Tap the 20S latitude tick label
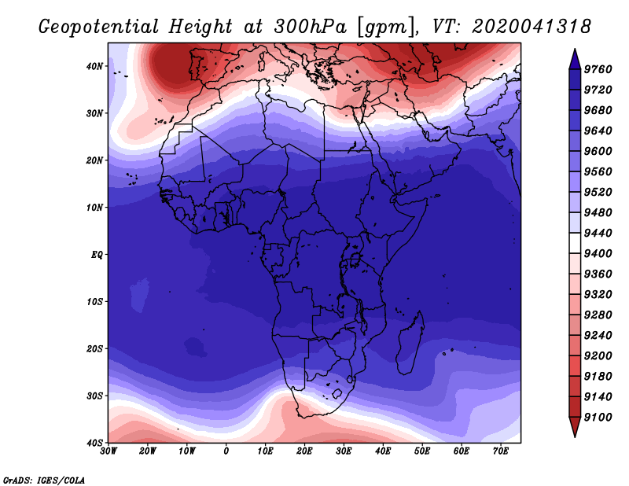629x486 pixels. [x=94, y=348]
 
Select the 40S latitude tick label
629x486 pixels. [x=94, y=442]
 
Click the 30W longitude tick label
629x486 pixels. [x=108, y=451]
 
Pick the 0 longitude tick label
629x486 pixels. [x=226, y=451]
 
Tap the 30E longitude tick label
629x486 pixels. [x=344, y=451]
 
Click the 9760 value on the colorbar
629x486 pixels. [x=600, y=68]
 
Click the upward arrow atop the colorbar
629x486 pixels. [x=574, y=57]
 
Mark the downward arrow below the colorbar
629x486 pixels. [x=574, y=427]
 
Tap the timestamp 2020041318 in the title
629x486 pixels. [x=532, y=26]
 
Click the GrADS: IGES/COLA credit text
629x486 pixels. [x=44, y=479]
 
